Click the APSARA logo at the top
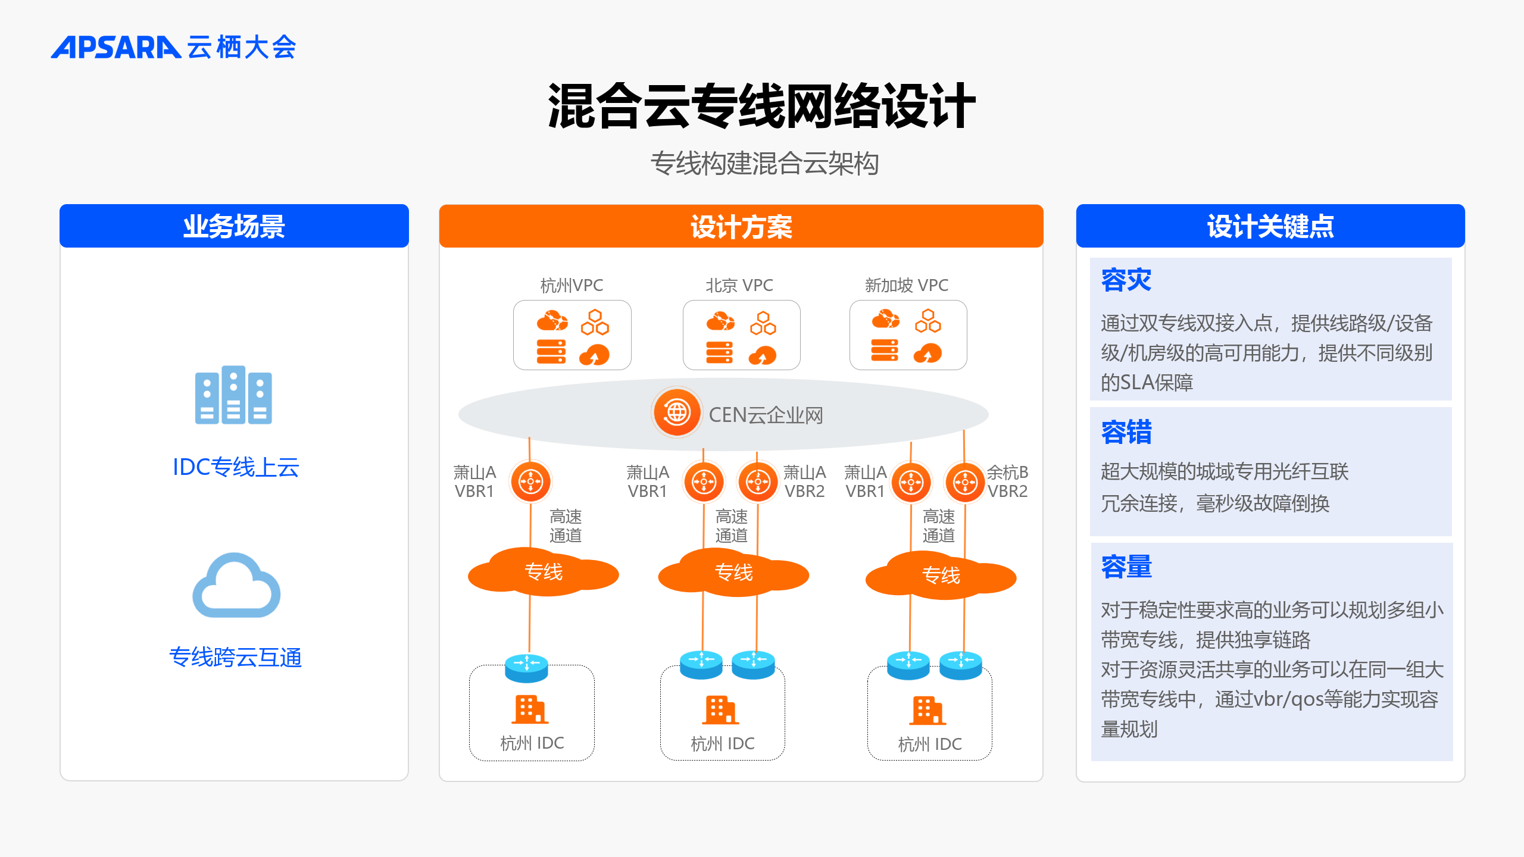click(173, 47)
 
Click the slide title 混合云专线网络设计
click(761, 107)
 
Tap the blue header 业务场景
click(234, 226)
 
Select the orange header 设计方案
click(741, 226)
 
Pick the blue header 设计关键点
click(1270, 226)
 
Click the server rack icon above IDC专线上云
click(233, 395)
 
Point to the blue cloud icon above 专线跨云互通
click(236, 586)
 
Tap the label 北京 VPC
click(739, 286)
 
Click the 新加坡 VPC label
click(907, 286)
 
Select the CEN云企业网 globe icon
click(677, 412)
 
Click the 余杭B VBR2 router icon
click(964, 481)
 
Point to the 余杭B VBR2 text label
click(1007, 481)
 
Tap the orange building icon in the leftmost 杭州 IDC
click(530, 709)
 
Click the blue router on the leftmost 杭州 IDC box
click(527, 668)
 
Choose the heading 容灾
click(1126, 280)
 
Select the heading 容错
click(1126, 432)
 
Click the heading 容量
click(1126, 567)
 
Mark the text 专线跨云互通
click(236, 657)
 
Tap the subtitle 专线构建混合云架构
click(764, 164)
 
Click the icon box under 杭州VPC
click(572, 335)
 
